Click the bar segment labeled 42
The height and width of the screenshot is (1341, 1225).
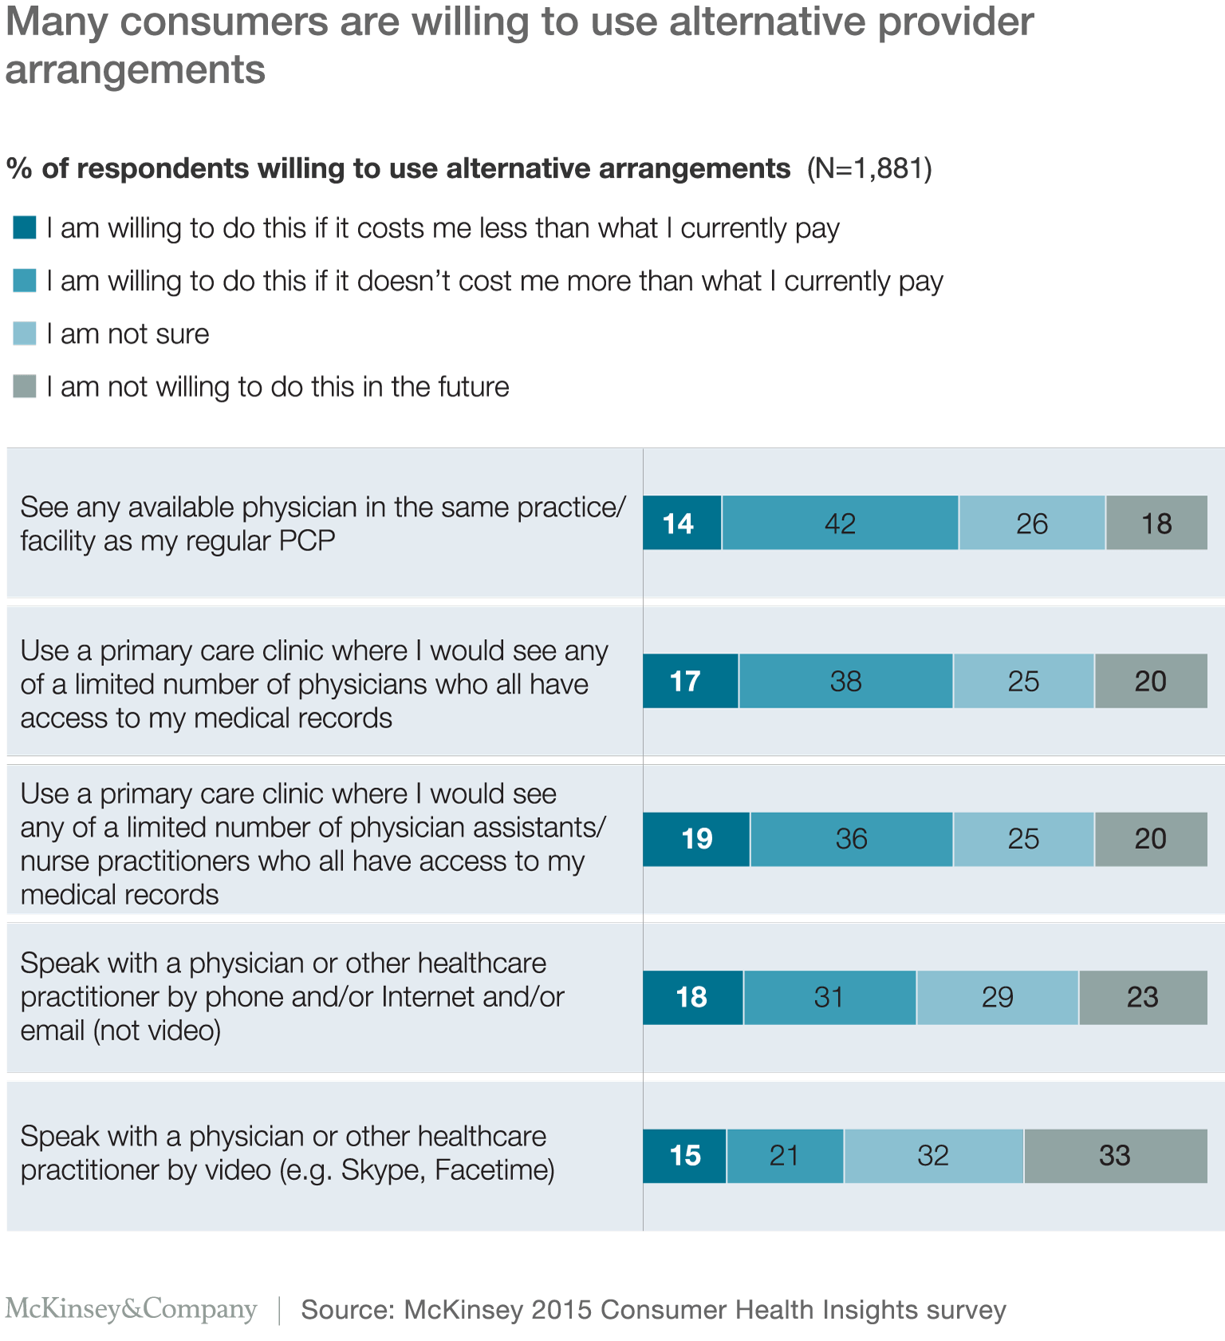[840, 523]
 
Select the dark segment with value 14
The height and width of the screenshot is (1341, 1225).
[682, 523]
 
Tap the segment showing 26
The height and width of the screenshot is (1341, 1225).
[1032, 523]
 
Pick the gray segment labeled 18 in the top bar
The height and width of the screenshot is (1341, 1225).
[1156, 523]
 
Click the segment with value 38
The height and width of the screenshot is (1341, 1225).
[845, 681]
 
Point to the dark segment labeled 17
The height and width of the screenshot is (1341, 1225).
[690, 681]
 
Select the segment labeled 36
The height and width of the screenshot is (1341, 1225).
[851, 839]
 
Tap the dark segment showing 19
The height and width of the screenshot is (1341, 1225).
[696, 839]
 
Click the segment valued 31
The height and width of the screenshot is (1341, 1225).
[829, 997]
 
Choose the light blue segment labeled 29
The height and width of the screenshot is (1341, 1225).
[998, 997]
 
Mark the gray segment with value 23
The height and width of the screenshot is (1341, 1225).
[1143, 997]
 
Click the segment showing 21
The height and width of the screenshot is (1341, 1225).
[785, 1156]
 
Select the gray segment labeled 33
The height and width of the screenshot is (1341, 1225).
[1115, 1156]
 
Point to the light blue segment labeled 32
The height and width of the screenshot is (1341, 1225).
[933, 1156]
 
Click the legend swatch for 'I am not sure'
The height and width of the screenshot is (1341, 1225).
[25, 333]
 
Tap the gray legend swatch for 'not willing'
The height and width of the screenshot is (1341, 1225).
[25, 386]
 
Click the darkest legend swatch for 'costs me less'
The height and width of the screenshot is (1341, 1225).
[25, 228]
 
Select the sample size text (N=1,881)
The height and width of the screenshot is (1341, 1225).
[869, 169]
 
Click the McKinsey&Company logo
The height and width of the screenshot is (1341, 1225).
[132, 1309]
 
